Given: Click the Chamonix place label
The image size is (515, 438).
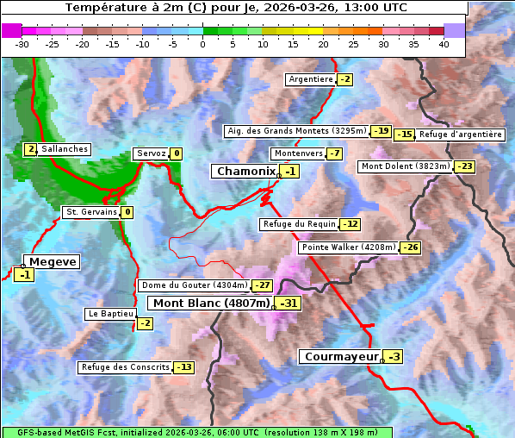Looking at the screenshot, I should click(x=245, y=172).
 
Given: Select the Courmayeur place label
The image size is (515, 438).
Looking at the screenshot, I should click(x=341, y=356).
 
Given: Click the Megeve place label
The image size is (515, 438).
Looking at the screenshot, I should click(x=53, y=262).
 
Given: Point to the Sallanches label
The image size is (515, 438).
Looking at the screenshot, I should click(x=65, y=149).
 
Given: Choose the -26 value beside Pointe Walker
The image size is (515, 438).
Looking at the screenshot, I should click(x=411, y=247).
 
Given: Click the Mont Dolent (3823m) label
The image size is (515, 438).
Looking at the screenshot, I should click(x=406, y=166).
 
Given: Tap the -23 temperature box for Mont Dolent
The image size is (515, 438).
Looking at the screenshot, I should click(x=464, y=166).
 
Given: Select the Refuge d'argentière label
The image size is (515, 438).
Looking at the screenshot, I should click(x=461, y=135).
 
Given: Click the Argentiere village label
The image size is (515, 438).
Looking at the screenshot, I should click(x=311, y=79).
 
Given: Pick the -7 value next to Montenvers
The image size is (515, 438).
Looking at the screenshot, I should click(x=334, y=153).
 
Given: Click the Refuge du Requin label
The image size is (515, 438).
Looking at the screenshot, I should click(x=298, y=224).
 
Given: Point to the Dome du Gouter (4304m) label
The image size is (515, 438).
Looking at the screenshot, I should click(x=194, y=285).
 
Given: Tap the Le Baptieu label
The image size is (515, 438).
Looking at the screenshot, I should click(x=110, y=314).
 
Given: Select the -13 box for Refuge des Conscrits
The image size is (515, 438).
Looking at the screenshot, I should click(x=183, y=367).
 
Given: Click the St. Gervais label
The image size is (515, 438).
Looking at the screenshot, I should click(x=91, y=212).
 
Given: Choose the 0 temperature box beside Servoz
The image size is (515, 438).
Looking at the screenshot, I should click(x=177, y=154).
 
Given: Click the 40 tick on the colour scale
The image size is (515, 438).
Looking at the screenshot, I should click(x=444, y=44).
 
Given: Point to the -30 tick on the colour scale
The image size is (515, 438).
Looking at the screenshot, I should click(x=22, y=44).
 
